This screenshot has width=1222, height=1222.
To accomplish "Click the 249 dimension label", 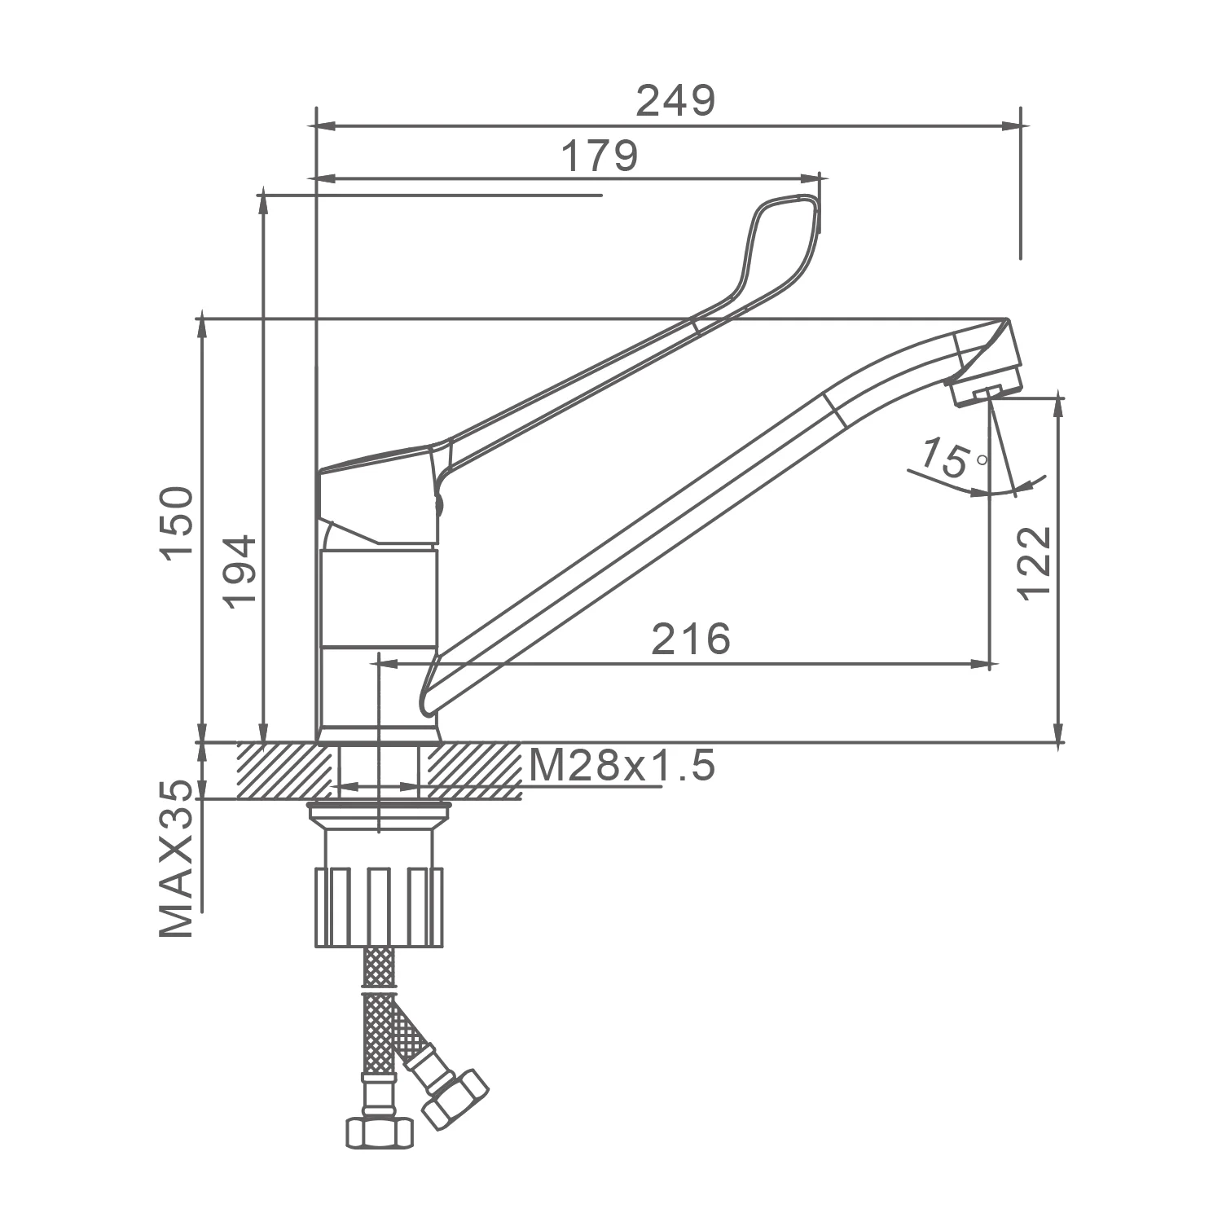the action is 675,101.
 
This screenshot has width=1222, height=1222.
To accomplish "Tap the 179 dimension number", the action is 600,156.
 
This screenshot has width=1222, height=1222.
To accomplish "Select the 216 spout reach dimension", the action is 691,639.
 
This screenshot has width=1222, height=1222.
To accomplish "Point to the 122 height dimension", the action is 1035,563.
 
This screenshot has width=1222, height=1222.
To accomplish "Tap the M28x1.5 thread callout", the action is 622,766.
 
